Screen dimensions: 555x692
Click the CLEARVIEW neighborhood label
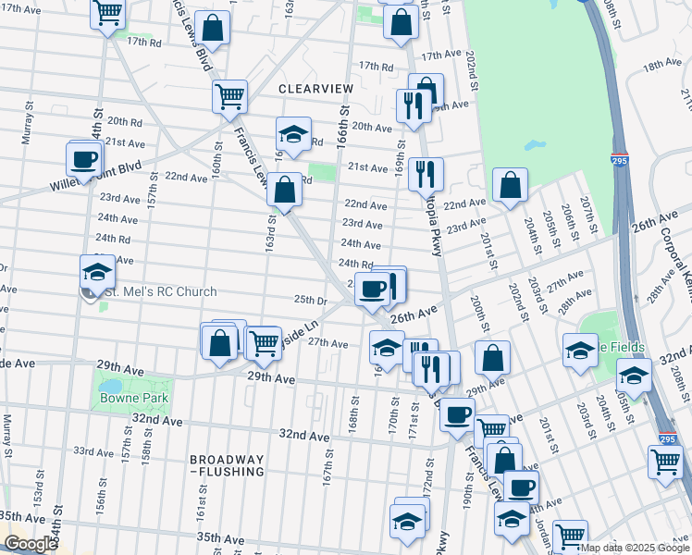315,88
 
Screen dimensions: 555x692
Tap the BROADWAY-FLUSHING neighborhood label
228,465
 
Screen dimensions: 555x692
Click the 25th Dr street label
311,301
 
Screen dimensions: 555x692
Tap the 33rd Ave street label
93,451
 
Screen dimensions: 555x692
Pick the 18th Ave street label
662,64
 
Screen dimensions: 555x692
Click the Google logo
30,545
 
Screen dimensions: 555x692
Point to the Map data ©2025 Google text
636,548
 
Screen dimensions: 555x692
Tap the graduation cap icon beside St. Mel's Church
97,272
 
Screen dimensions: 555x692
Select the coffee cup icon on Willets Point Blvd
84,158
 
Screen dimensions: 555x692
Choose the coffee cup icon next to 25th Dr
373,289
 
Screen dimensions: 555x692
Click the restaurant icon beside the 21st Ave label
426,173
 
